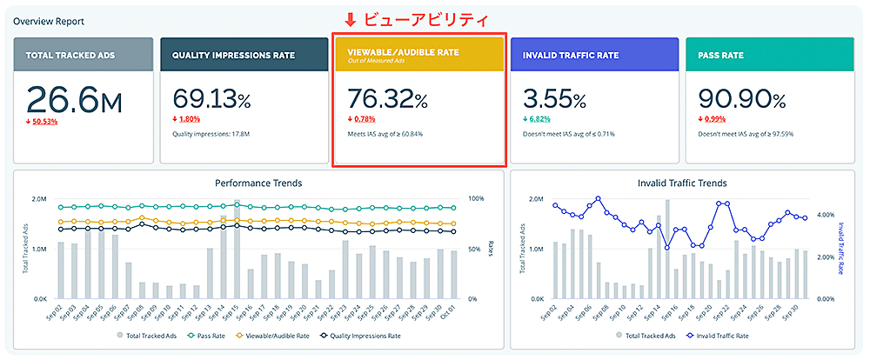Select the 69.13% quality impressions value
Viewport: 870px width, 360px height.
(x=213, y=98)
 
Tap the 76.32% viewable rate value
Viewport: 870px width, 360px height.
(x=387, y=98)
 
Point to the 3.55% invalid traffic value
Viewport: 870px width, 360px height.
(x=555, y=98)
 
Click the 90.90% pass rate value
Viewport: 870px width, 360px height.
(x=739, y=98)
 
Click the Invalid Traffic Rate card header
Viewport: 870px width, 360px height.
(x=571, y=55)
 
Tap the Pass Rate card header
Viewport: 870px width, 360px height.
(x=720, y=55)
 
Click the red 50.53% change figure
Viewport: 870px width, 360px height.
(x=44, y=121)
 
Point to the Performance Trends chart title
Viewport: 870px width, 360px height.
(x=258, y=183)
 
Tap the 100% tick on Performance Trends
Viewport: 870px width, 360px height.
(x=476, y=199)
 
